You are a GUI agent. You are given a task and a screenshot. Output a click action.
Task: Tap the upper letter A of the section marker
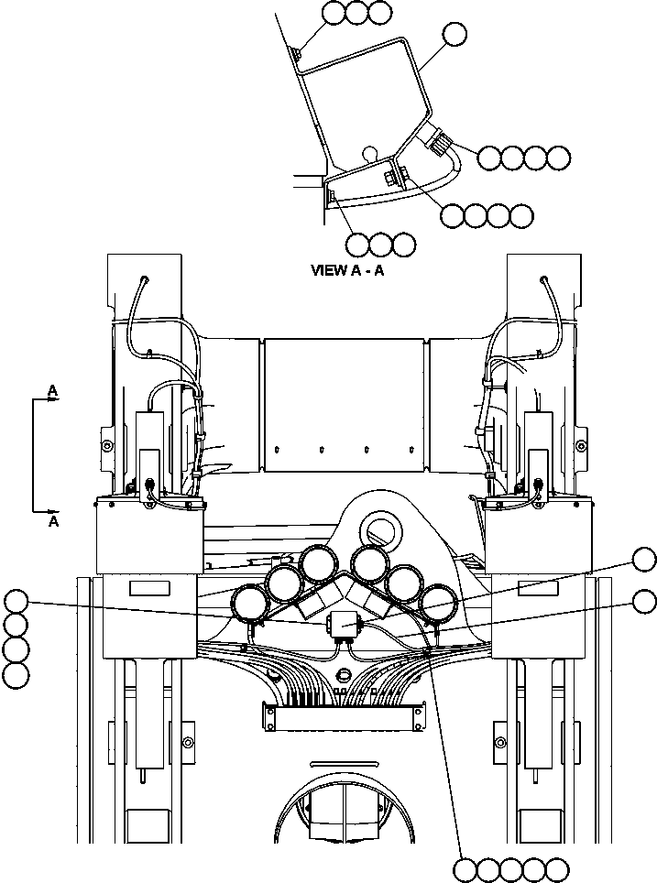coord(53,391)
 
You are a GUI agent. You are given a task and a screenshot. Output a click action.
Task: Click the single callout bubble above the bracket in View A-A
coord(453,35)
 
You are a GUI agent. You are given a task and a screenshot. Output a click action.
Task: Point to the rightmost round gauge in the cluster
coord(438,603)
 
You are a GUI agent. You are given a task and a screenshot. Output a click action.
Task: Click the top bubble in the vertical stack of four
coord(16,602)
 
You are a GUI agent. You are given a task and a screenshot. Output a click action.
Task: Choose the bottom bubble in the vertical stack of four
coord(16,676)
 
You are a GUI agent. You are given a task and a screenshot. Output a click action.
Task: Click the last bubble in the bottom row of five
coord(556,868)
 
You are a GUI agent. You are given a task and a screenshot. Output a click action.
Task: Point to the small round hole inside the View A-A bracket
coord(368,152)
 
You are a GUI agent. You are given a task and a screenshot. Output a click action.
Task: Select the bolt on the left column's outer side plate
coord(107,445)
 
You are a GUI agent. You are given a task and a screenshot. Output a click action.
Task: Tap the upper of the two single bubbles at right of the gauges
coord(645,560)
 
